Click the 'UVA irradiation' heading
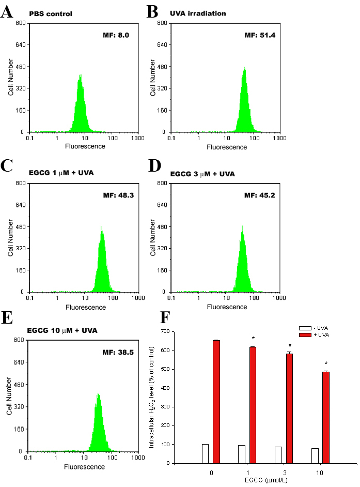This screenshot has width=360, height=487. [197, 13]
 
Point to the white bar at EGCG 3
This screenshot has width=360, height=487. [278, 455]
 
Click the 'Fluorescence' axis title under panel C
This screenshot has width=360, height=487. [85, 307]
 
